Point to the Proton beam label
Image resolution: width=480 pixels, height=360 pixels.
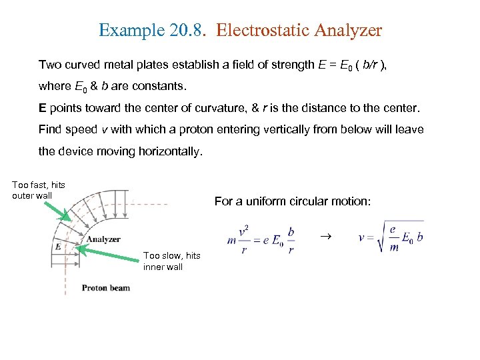click(106, 288)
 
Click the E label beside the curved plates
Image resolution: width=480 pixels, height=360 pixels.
click(57, 246)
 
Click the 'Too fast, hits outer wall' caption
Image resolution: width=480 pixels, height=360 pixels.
click(39, 190)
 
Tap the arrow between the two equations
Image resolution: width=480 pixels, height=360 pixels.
click(326, 236)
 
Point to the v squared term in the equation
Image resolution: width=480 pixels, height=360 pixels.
click(245, 229)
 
